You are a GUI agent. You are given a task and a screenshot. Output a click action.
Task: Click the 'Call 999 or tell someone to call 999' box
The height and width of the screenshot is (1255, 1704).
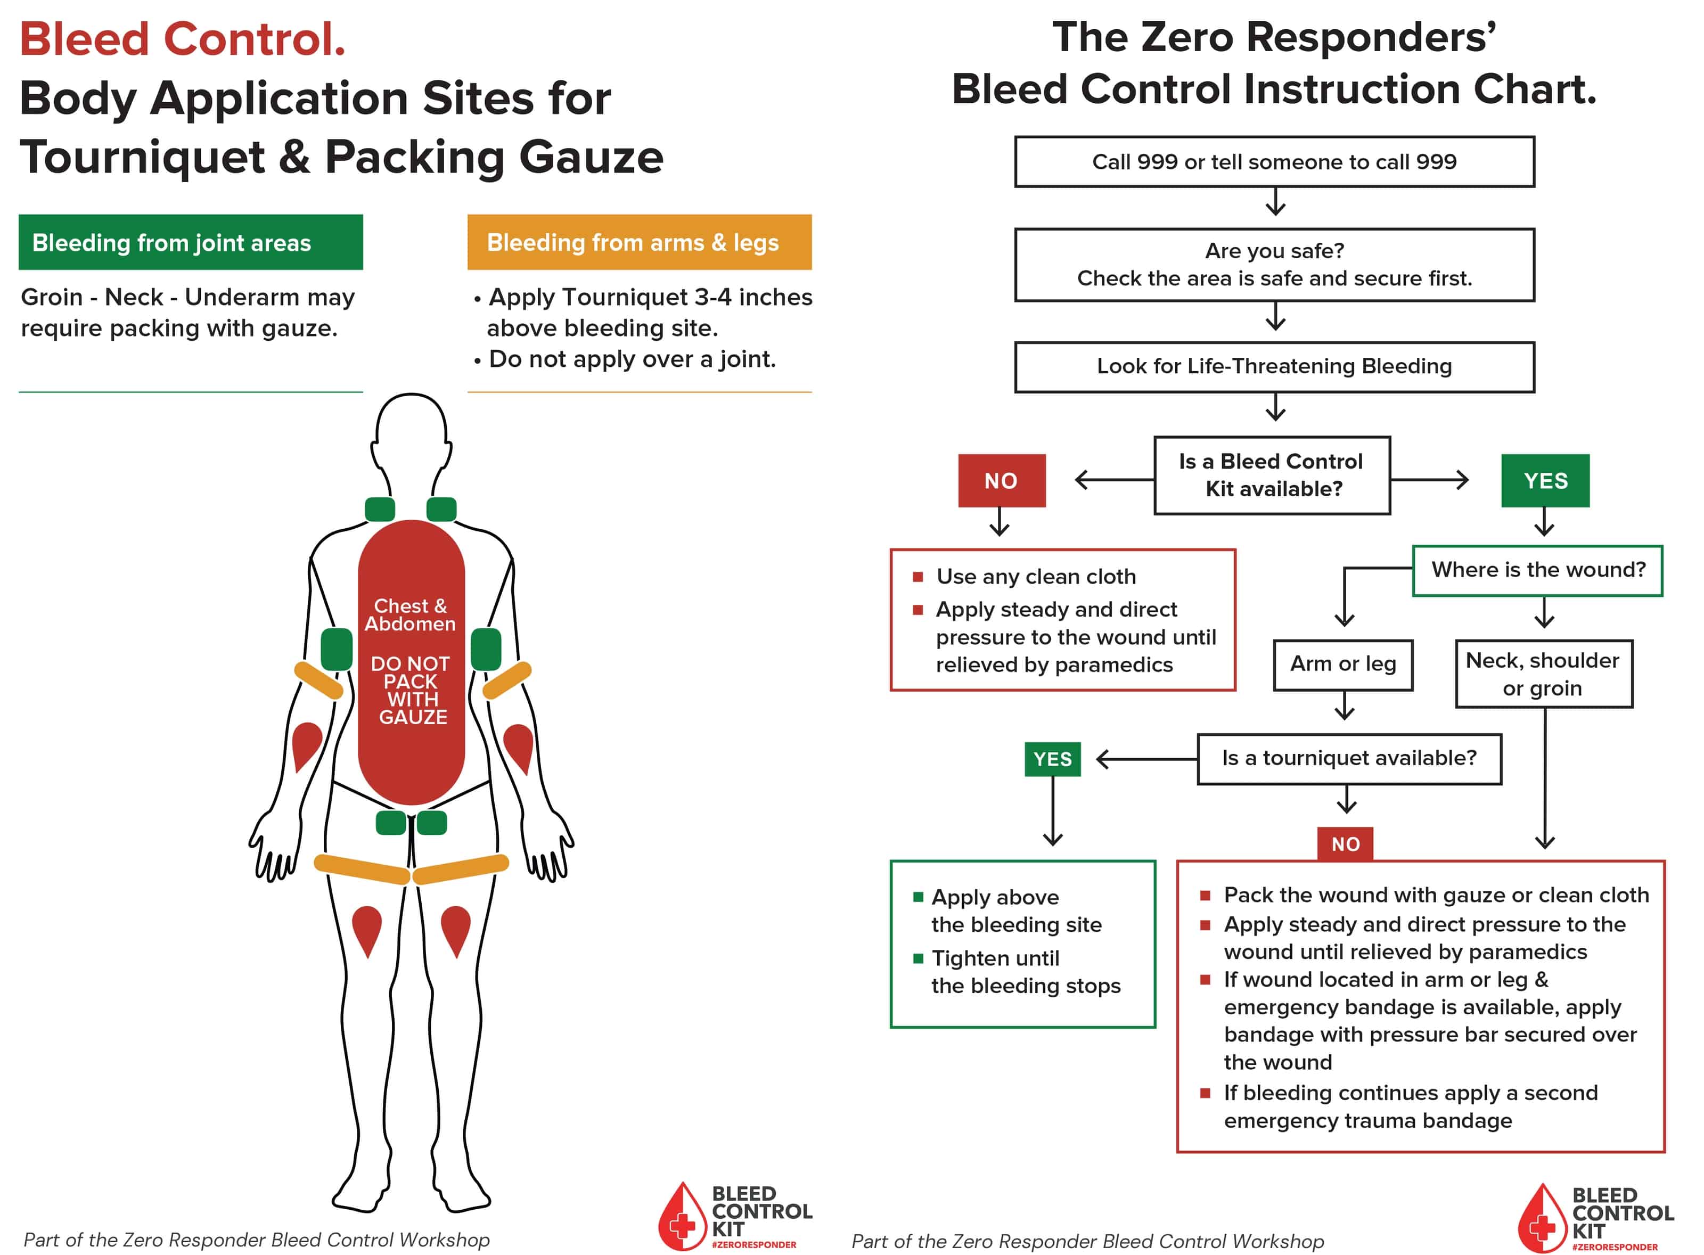tap(1274, 162)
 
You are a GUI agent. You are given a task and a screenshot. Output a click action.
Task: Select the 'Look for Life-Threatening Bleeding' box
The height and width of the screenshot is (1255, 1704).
tap(1274, 367)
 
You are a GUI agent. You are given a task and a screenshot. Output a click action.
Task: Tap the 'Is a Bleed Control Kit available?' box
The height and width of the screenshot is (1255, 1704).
tap(1272, 475)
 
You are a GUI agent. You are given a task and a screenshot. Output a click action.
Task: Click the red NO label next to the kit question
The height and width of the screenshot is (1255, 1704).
tap(1001, 481)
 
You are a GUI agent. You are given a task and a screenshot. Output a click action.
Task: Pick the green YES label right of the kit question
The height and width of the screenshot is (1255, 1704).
tap(1544, 481)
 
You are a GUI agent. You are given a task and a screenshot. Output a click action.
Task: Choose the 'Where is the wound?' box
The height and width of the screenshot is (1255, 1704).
tap(1537, 570)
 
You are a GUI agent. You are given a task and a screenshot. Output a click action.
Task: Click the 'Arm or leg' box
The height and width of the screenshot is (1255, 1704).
tap(1342, 665)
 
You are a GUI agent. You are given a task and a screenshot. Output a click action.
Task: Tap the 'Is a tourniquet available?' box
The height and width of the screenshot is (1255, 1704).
tap(1348, 758)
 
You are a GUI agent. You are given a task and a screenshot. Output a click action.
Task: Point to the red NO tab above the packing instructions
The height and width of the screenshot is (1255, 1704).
tap(1345, 844)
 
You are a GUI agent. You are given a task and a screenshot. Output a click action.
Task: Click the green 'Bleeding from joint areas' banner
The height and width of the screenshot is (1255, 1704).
tap(191, 242)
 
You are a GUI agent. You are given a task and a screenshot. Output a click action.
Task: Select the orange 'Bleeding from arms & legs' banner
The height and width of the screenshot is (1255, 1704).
tap(639, 242)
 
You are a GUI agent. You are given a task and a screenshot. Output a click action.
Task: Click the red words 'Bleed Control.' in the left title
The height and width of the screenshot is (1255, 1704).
tap(182, 39)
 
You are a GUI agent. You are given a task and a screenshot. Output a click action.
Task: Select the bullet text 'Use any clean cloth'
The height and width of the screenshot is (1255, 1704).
tap(1036, 577)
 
